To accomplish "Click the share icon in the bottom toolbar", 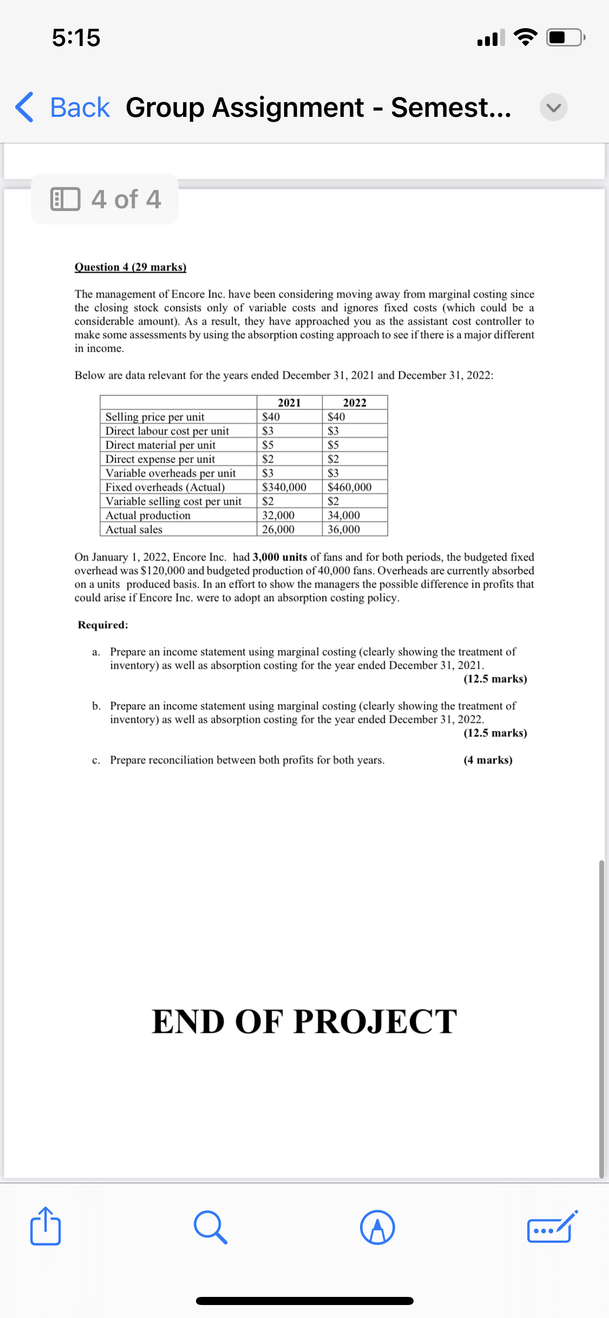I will click(45, 1226).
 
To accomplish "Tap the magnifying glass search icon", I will click(210, 1227).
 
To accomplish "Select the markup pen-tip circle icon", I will click(377, 1227).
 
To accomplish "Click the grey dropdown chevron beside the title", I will click(553, 107).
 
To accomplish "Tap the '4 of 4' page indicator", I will click(105, 199).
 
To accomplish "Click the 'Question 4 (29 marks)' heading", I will click(130, 267).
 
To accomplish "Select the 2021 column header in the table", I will click(289, 403).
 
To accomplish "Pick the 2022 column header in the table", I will click(355, 403).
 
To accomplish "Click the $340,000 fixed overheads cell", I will click(284, 487).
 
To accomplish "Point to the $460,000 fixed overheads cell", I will click(350, 487).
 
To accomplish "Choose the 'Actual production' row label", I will click(148, 515).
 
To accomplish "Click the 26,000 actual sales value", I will click(278, 529).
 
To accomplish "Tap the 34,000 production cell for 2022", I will click(344, 515).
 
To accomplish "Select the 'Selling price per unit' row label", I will click(155, 417).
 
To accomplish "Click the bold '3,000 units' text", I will click(280, 557).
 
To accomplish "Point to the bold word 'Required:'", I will click(103, 624).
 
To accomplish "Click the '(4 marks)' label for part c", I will click(488, 760).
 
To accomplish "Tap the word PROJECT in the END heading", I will click(375, 1022).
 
